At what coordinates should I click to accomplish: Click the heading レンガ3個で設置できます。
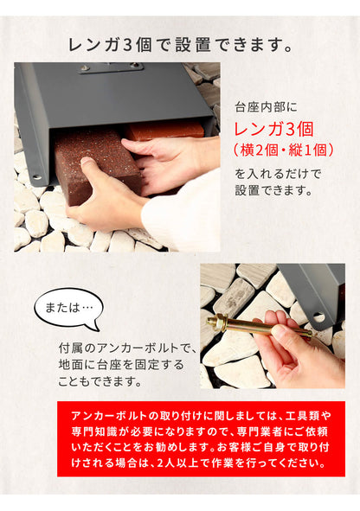click(180, 45)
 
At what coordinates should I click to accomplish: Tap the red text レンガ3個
click(274, 129)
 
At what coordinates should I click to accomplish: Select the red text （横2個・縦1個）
click(284, 150)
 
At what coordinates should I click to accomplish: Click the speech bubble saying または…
click(68, 310)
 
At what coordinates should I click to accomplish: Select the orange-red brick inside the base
click(164, 130)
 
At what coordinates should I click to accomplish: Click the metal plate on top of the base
click(111, 67)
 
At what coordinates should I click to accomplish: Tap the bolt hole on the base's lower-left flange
click(37, 177)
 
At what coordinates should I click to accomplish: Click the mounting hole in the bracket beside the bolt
click(318, 316)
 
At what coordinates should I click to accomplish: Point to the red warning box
click(201, 438)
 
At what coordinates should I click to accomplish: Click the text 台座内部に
click(266, 107)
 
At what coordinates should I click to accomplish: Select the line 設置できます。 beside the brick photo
click(274, 190)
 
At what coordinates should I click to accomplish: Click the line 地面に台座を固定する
click(121, 365)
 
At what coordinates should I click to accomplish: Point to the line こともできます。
click(100, 381)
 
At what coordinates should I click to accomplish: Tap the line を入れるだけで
click(278, 174)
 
